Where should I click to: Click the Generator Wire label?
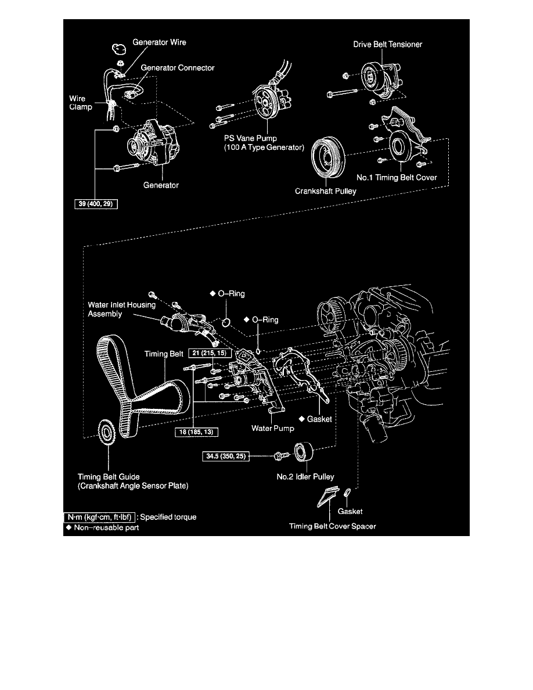coord(159,42)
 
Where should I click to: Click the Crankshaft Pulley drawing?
coord(328,156)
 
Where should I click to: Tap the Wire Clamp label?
coord(77,103)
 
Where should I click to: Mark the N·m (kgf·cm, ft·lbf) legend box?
coord(101,516)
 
